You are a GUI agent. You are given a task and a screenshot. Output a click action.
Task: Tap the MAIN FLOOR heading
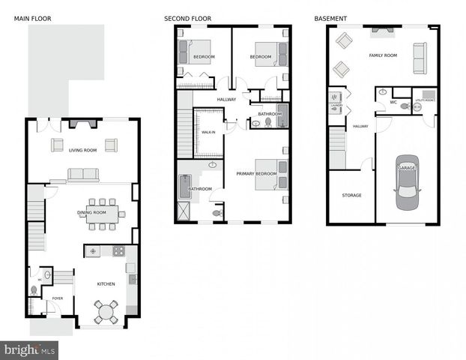tap(32, 18)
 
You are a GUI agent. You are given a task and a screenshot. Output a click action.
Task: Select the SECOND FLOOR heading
tap(187, 18)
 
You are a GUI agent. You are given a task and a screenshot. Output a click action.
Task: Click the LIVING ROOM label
tap(82, 150)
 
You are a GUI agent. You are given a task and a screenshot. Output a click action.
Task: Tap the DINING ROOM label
tap(92, 212)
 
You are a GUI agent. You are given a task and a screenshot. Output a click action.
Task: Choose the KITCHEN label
tap(106, 283)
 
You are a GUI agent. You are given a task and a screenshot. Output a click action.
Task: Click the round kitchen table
tap(107, 310)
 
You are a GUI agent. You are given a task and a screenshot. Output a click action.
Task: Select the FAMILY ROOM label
tap(382, 55)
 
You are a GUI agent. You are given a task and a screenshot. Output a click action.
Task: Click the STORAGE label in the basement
tap(351, 195)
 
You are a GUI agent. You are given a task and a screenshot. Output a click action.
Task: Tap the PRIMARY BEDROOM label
tap(256, 174)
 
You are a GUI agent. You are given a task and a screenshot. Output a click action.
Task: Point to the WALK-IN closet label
tap(208, 132)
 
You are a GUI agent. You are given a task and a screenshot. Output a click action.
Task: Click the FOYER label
tap(58, 298)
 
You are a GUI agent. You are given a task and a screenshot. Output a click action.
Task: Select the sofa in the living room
tap(83, 175)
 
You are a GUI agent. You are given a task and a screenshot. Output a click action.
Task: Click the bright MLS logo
tap(30, 349)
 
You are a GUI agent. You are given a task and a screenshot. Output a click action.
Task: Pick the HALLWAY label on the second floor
tap(226, 100)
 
